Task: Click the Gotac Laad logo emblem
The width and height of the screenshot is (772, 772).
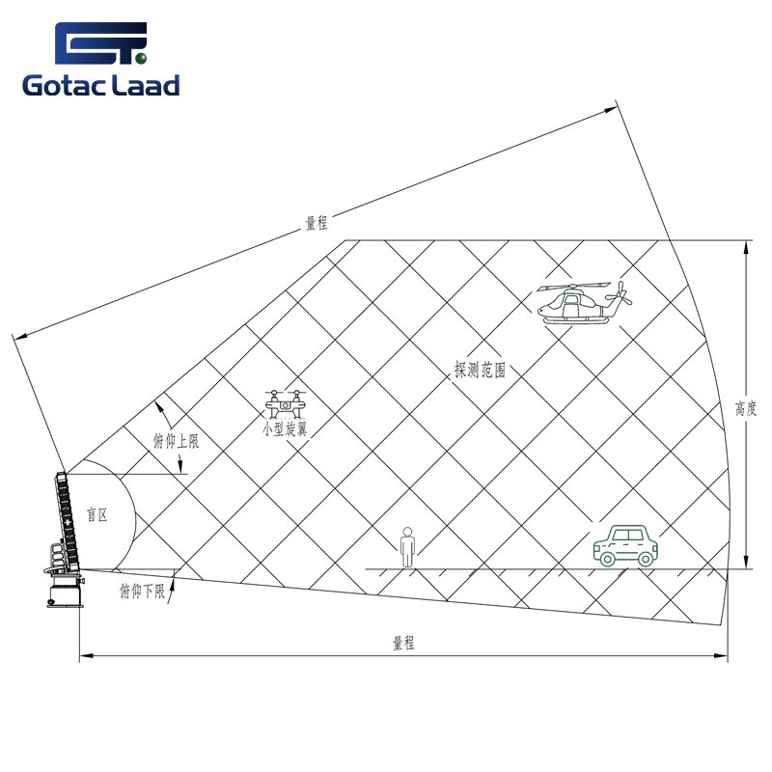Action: (x=101, y=43)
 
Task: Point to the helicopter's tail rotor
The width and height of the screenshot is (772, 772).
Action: (x=619, y=294)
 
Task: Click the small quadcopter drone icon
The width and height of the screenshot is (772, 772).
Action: (x=285, y=404)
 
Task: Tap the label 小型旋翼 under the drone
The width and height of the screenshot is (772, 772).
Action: (x=285, y=429)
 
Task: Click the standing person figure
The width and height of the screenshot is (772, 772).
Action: (x=407, y=547)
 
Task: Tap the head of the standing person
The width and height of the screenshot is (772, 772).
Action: (x=407, y=532)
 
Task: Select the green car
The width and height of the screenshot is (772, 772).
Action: (x=625, y=545)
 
